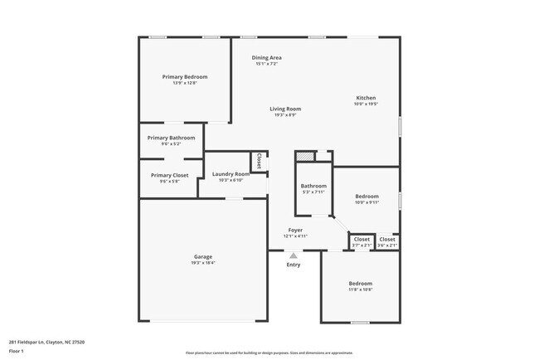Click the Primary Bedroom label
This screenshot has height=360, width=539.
[x=184, y=76]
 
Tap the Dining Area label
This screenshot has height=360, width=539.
[x=268, y=57]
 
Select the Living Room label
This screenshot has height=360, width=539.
[x=284, y=109]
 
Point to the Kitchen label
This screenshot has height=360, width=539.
[x=366, y=97]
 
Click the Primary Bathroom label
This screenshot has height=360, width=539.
[x=171, y=137]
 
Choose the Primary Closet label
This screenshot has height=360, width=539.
[x=169, y=175]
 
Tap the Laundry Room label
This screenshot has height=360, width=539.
[x=231, y=173]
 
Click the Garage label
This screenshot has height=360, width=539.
[x=203, y=256]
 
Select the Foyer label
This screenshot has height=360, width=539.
[x=295, y=230]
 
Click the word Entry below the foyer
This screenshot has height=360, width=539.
[x=294, y=265]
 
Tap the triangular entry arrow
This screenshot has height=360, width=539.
[x=293, y=255]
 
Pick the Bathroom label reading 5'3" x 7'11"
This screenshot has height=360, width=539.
[x=313, y=186]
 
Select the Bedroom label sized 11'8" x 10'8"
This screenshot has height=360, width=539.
[x=360, y=284]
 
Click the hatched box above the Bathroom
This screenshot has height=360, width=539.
[x=305, y=155]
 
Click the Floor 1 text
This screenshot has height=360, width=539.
[x=16, y=351]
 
